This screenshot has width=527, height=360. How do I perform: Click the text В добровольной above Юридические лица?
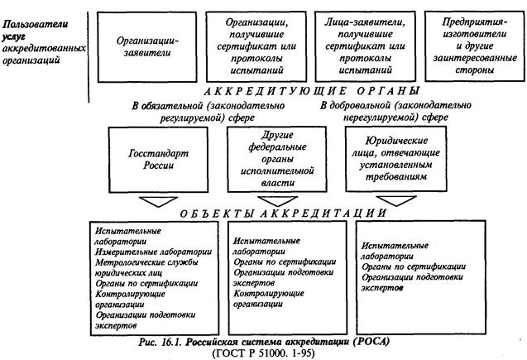tap(356, 105)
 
